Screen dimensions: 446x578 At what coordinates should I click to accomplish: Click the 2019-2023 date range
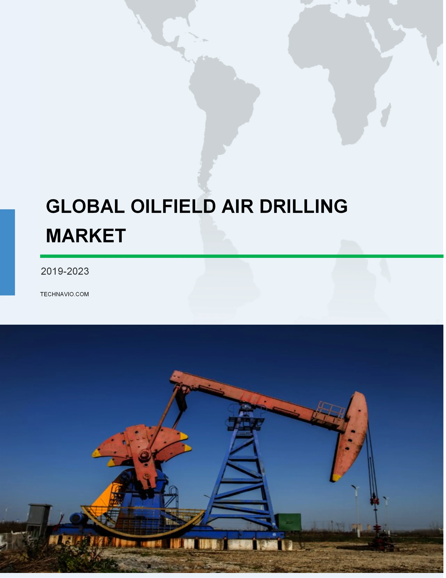coord(65,271)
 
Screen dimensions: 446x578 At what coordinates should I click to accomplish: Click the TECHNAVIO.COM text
coord(65,294)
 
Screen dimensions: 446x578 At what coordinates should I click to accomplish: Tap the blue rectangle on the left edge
coord(7,252)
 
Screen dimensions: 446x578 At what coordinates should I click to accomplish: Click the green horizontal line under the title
coord(242,256)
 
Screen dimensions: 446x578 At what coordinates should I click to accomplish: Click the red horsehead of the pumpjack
coord(349,437)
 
